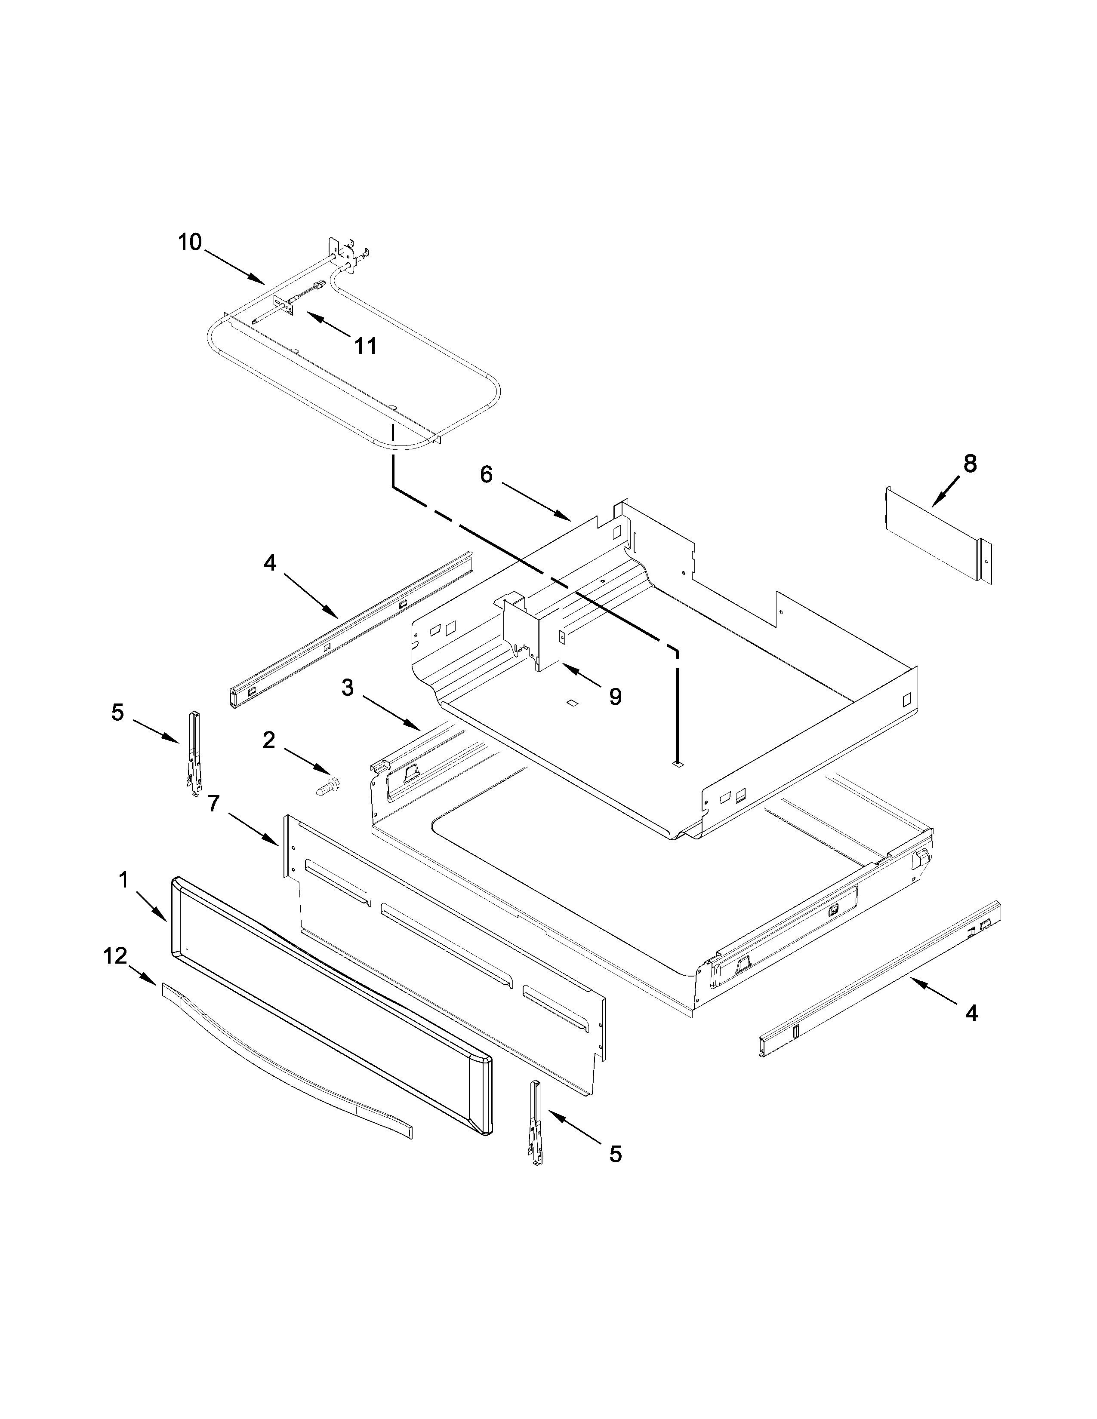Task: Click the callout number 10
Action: tap(191, 243)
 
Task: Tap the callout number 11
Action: tap(365, 346)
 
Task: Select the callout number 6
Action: tap(487, 474)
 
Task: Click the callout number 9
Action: tap(615, 697)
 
